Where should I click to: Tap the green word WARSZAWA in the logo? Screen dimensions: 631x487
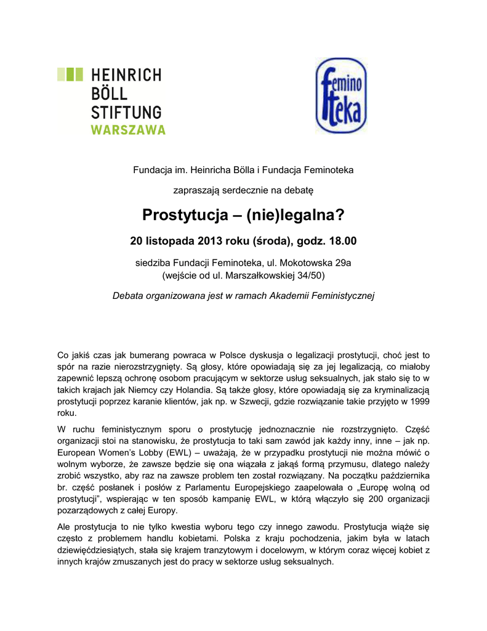128,130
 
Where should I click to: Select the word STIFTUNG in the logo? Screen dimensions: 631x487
126,112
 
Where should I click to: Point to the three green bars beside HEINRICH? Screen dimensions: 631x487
70,75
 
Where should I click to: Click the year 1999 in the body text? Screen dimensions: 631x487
419,401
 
